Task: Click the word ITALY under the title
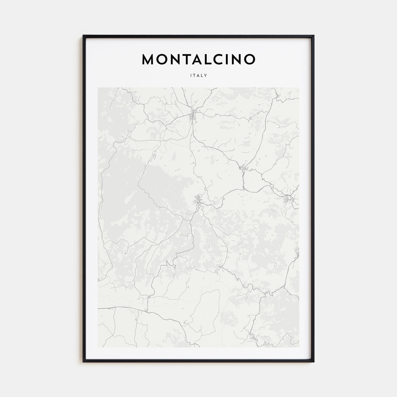click(x=198, y=75)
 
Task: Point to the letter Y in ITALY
click(x=206, y=75)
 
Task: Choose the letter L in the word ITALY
click(x=202, y=75)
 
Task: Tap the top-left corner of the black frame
click(x=83, y=35)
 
